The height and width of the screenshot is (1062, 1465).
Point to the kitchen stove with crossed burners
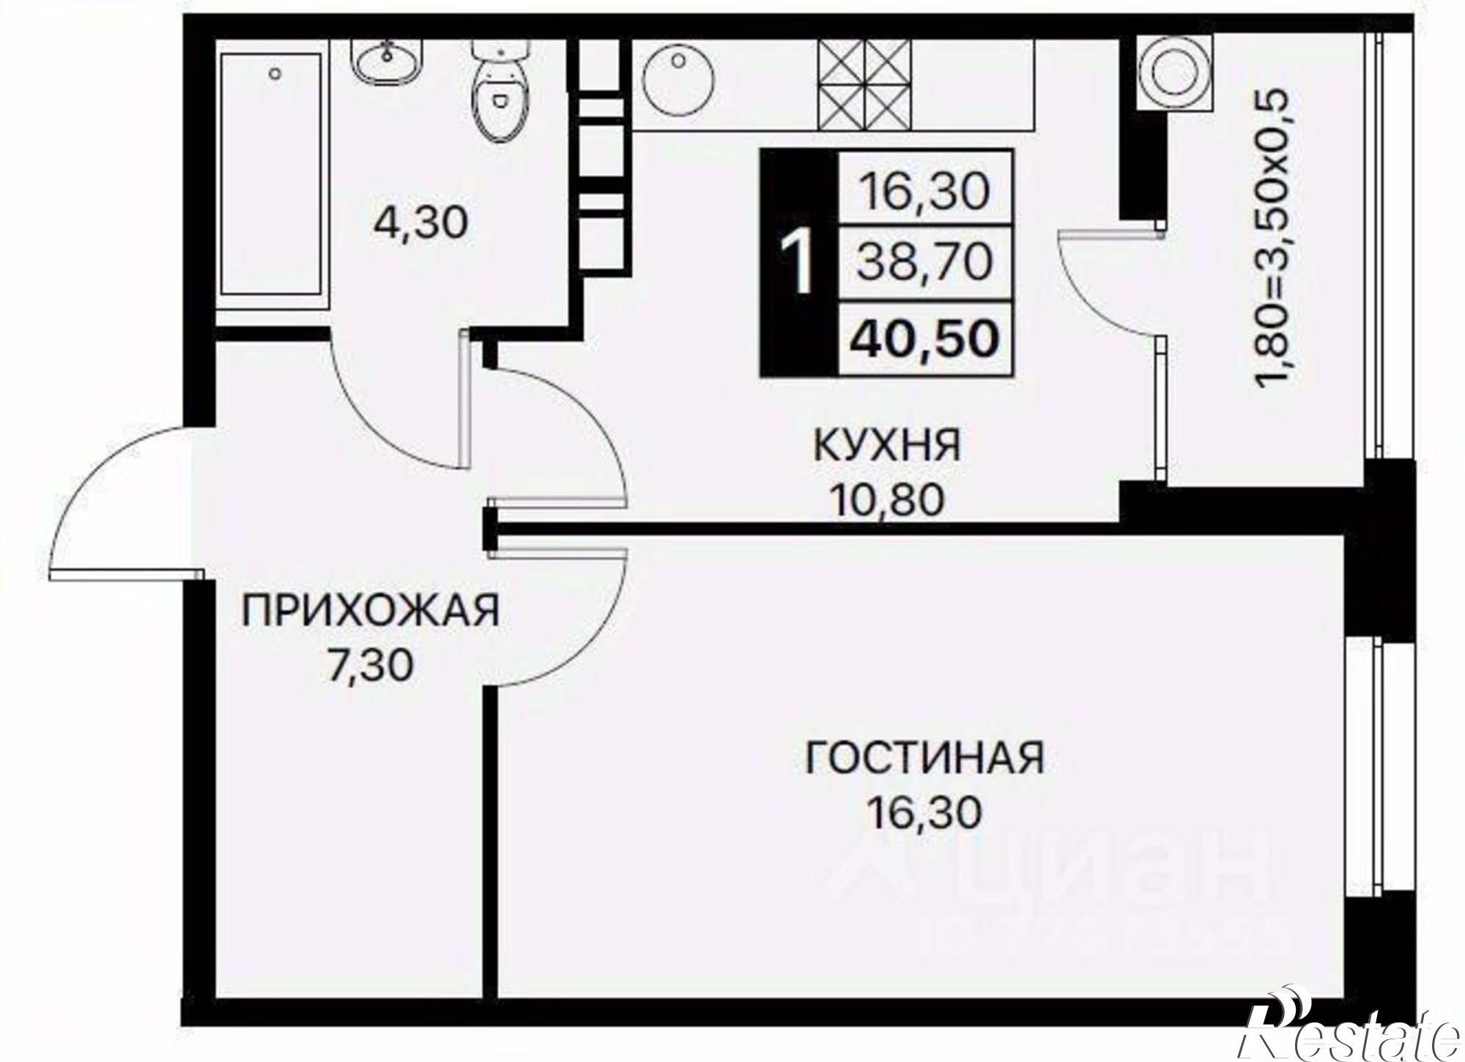click(x=865, y=84)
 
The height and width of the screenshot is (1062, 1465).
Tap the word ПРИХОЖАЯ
click(x=371, y=612)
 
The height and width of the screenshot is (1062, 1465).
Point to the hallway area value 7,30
click(x=371, y=666)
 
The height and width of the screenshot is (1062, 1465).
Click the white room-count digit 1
click(x=799, y=264)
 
